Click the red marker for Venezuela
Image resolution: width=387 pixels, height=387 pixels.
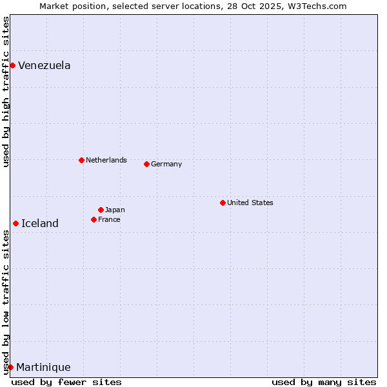[x=12, y=65]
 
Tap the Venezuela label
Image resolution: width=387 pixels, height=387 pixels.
[x=44, y=65]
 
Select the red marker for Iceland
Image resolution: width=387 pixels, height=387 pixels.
[x=15, y=223]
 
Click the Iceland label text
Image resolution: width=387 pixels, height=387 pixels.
[x=39, y=223]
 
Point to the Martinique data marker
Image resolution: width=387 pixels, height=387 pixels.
[x=10, y=367]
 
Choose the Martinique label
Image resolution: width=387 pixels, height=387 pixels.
[x=43, y=367]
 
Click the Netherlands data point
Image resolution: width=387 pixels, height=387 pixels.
[x=81, y=160]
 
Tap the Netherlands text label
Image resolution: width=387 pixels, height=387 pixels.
[x=106, y=160]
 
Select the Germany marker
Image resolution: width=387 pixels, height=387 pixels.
[x=146, y=164]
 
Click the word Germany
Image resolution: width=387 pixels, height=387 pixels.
[x=166, y=164]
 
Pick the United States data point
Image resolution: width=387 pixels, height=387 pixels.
[x=223, y=203]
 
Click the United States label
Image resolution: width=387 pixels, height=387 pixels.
[x=250, y=203]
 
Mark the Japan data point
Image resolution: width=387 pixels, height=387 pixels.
[x=101, y=210]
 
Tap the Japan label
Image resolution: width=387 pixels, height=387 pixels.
[x=115, y=210]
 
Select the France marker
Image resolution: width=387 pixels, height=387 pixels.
[x=94, y=219]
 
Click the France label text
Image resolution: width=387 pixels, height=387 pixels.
[x=109, y=219]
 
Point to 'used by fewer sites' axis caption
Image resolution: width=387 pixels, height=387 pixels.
[x=66, y=382]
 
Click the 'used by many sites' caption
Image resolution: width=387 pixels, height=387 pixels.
[x=324, y=382]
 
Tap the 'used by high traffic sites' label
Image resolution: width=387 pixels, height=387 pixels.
[x=6, y=92]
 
